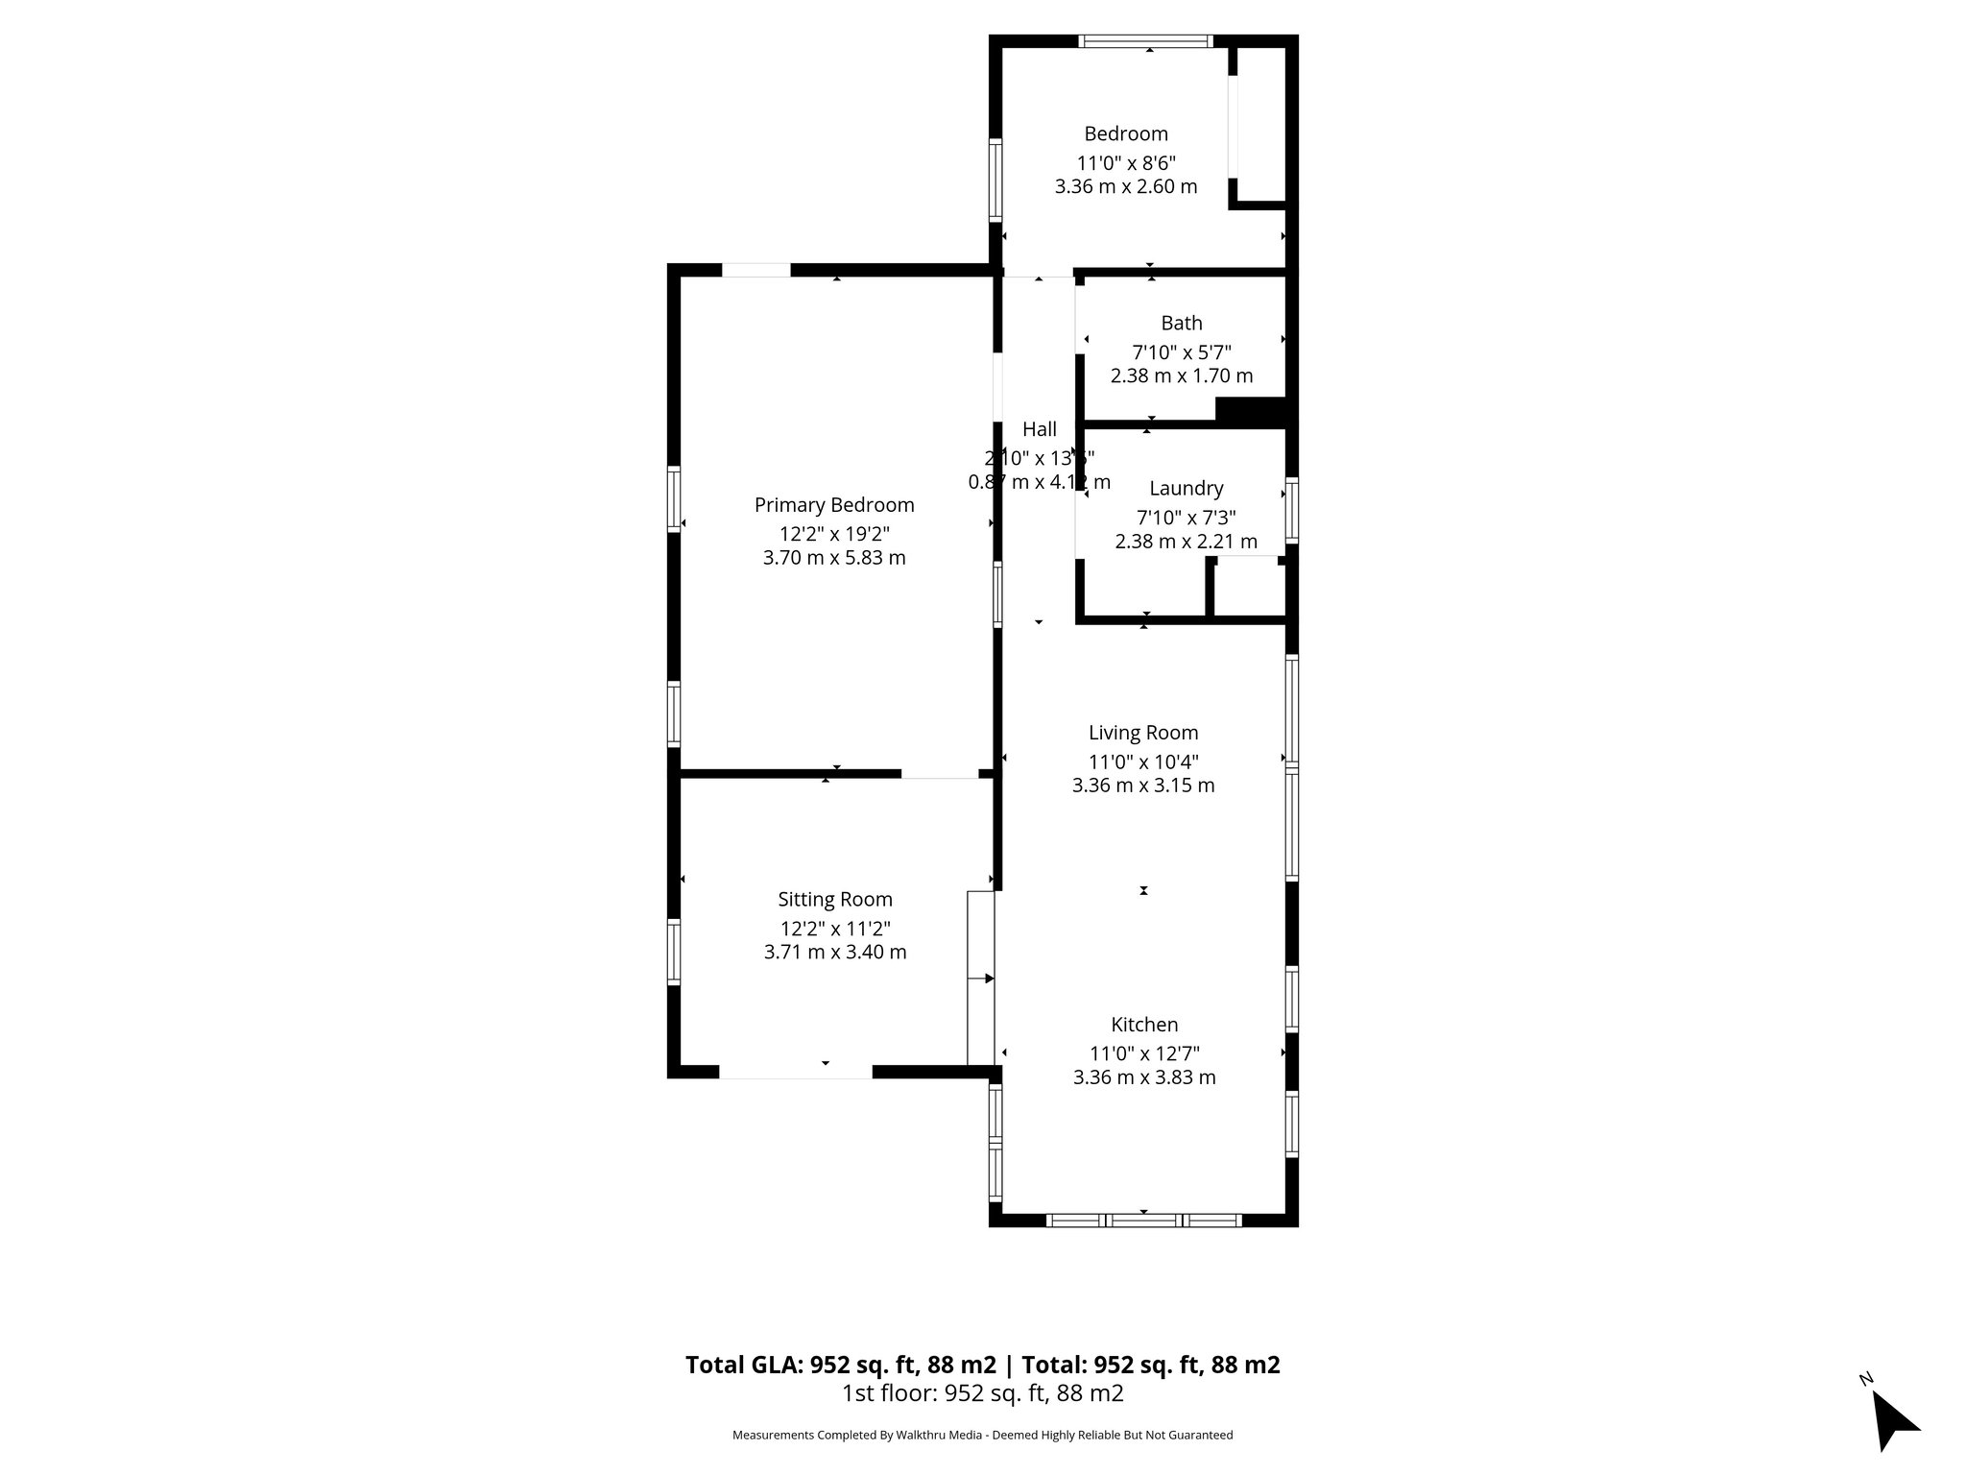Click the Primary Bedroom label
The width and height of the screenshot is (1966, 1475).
833,505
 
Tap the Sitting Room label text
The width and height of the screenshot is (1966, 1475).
834,900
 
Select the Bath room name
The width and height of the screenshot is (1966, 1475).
1181,324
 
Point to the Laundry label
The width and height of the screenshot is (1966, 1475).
1186,489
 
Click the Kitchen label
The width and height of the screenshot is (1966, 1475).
1144,1025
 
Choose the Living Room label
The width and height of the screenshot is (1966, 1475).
1142,733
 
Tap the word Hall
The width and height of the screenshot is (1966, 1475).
1039,429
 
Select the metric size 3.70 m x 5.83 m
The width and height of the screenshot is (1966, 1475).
833,558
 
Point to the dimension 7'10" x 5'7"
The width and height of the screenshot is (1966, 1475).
1181,351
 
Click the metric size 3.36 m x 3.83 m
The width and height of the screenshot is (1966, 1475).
1143,1077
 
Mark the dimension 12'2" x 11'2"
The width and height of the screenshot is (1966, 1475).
834,928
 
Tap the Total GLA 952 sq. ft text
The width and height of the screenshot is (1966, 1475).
841,1365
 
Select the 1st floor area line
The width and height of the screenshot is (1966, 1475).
982,1393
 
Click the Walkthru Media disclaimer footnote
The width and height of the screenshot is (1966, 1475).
982,1435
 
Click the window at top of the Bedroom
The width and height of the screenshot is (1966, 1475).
1145,41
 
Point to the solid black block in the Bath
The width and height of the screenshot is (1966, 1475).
1250,410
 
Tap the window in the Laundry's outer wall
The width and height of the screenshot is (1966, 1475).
1292,510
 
